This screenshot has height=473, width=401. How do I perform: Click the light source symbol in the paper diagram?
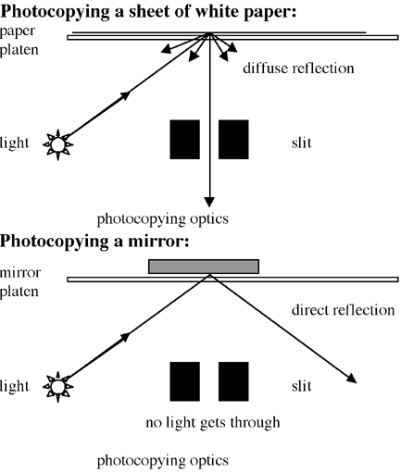pyautogui.click(x=57, y=144)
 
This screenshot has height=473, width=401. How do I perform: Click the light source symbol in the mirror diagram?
pyautogui.click(x=57, y=387)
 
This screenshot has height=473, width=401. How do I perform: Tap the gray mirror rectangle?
pyautogui.click(x=204, y=267)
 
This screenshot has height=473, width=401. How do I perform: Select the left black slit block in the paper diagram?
pyautogui.click(x=185, y=140)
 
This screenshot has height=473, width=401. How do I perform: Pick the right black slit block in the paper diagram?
pyautogui.click(x=233, y=140)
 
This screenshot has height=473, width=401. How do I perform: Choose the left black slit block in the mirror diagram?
pyautogui.click(x=185, y=381)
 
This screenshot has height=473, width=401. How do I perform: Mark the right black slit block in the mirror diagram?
pyautogui.click(x=233, y=381)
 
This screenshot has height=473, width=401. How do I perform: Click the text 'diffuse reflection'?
pyautogui.click(x=298, y=68)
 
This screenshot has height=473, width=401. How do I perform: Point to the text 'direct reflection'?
pyautogui.click(x=343, y=310)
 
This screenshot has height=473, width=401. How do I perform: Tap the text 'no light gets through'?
pyautogui.click(x=213, y=422)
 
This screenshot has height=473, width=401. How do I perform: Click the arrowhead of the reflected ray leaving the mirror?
pyautogui.click(x=352, y=379)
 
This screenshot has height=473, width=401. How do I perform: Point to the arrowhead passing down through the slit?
pyautogui.click(x=209, y=202)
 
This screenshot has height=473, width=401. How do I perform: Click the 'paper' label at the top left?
pyautogui.click(x=18, y=31)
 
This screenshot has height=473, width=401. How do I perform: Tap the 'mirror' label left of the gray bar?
pyautogui.click(x=20, y=272)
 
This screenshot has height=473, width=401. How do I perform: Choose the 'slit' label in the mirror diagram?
pyautogui.click(x=302, y=386)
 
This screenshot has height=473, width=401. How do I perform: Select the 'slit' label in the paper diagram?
pyautogui.click(x=302, y=143)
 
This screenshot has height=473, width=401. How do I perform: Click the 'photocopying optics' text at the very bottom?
pyautogui.click(x=163, y=461)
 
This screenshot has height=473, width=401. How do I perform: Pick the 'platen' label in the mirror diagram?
pyautogui.click(x=19, y=292)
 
